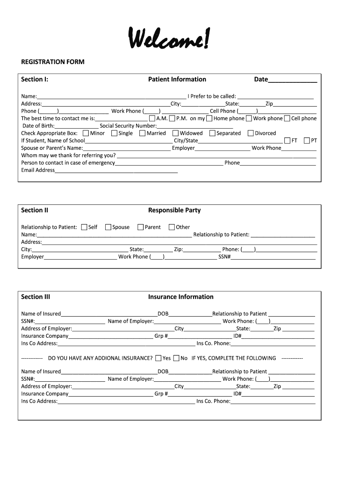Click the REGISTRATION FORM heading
pyautogui.click(x=53, y=62)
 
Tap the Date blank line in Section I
pyautogui.click(x=293, y=80)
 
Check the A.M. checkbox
pyautogui.click(x=152, y=118)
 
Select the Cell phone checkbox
pyautogui.click(x=287, y=118)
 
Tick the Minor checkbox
pyautogui.click(x=86, y=133)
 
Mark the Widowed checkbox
pyautogui.click(x=175, y=133)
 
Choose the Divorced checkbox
pyautogui.click(x=251, y=133)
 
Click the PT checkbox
pyautogui.click(x=306, y=140)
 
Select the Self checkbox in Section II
pyautogui.click(x=84, y=227)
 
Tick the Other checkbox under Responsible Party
pyautogui.click(x=172, y=227)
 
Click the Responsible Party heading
pyautogui.click(x=174, y=210)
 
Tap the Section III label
pyautogui.click(x=36, y=297)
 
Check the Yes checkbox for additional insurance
pyautogui.click(x=158, y=358)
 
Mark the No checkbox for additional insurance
pyautogui.click(x=176, y=358)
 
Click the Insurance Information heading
pyautogui.click(x=180, y=297)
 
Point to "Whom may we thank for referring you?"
pyautogui.click(x=68, y=155)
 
